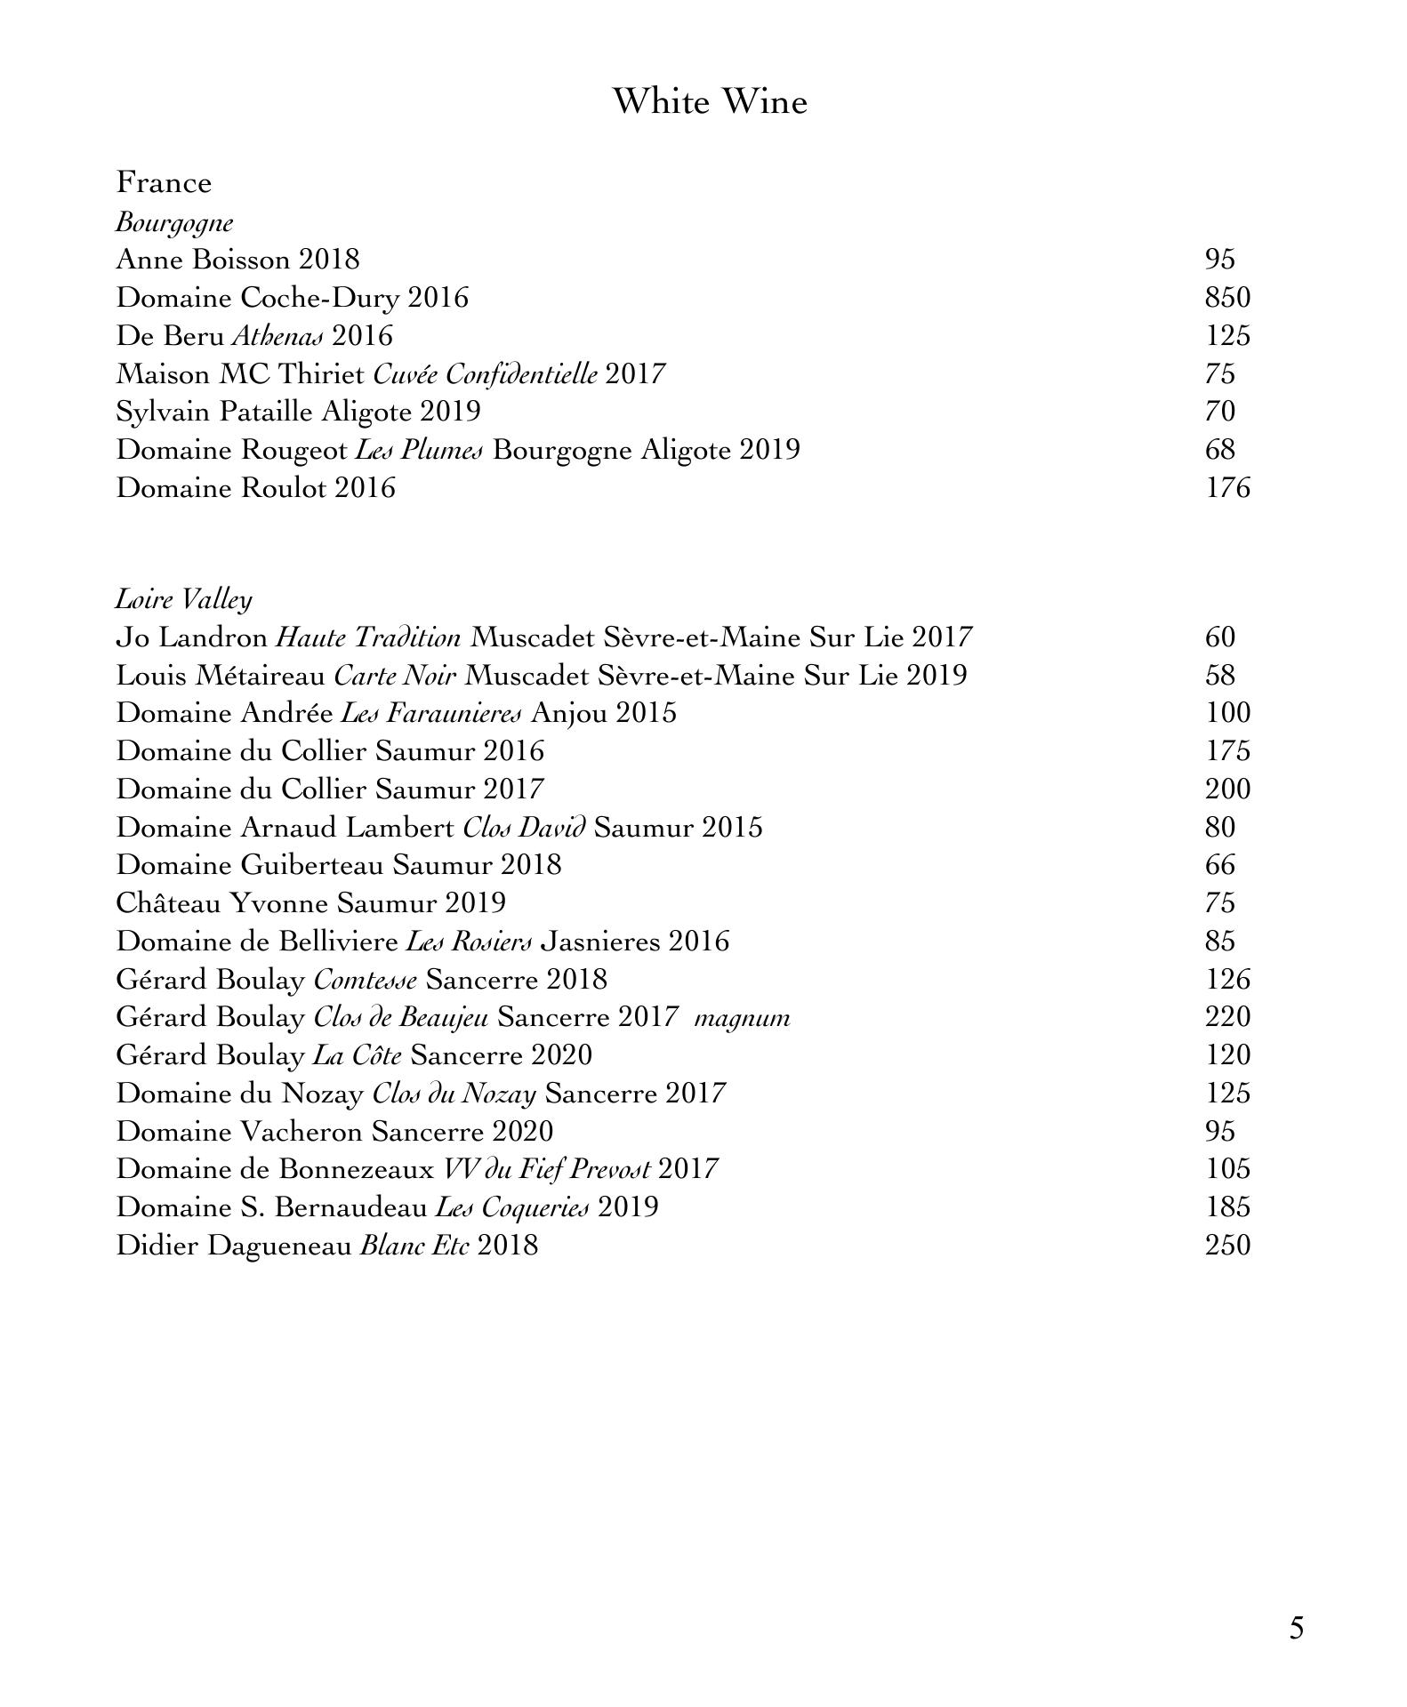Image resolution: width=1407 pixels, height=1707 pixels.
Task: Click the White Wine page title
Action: point(710,101)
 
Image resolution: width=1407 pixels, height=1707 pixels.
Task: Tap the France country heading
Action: point(165,182)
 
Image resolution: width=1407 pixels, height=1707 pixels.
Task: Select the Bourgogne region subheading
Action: point(174,222)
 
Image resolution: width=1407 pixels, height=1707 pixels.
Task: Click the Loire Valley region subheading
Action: point(184,599)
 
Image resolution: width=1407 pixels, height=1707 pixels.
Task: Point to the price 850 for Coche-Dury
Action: point(1227,297)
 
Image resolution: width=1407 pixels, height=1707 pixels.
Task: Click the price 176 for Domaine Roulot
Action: point(1227,487)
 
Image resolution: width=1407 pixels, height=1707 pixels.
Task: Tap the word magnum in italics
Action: point(742,1017)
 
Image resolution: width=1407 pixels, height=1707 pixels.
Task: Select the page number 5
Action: point(1296,1628)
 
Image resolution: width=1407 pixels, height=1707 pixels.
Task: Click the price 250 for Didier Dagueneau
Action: point(1227,1245)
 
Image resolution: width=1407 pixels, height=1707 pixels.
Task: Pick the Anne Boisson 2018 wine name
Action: point(237,260)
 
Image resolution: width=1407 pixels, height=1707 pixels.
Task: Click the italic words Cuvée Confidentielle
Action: point(485,373)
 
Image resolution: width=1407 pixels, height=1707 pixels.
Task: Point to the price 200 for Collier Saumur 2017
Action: point(1227,789)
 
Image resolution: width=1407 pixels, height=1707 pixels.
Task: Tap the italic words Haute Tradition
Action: point(368,637)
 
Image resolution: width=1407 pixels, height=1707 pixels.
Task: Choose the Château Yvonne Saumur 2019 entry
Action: point(311,903)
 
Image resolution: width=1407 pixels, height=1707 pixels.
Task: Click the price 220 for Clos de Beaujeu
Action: point(1227,1016)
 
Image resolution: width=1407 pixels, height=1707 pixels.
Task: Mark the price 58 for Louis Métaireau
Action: point(1220,675)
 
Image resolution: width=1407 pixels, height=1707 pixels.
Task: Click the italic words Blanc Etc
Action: point(414,1245)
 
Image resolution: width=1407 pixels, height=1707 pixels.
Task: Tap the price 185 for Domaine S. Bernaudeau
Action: point(1227,1206)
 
